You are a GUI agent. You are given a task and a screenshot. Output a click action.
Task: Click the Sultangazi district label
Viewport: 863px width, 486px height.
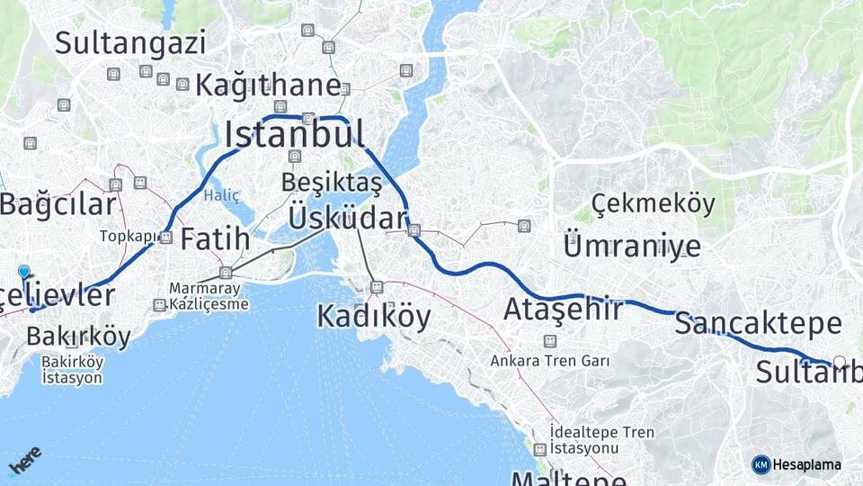pos(130,41)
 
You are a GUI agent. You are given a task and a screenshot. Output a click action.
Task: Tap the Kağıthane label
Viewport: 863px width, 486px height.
pos(268,86)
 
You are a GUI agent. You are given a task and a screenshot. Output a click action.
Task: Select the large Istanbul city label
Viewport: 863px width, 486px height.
pos(294,134)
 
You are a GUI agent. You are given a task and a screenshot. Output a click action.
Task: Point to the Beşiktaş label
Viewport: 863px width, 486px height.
pos(331,182)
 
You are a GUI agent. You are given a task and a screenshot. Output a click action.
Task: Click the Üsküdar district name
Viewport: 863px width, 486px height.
pos(348,219)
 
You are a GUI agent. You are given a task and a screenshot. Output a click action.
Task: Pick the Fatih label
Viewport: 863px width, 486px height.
pos(215,238)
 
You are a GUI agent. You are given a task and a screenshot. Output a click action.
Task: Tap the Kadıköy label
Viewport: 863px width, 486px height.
pos(373,316)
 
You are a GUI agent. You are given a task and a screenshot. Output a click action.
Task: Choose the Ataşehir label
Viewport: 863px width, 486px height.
pos(563,310)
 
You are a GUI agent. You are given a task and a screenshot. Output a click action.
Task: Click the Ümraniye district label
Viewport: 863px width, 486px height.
pos(631,244)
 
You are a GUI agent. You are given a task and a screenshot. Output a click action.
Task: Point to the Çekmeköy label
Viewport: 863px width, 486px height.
pos(654,203)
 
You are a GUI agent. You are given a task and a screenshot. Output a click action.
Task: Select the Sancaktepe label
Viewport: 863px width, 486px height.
pos(758,323)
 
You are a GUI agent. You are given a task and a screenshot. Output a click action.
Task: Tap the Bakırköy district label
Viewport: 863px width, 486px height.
pos(78,337)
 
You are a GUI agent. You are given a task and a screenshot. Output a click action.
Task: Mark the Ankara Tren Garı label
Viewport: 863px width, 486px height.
pos(549,361)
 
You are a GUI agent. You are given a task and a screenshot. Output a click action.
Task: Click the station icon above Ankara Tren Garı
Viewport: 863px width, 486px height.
pos(549,341)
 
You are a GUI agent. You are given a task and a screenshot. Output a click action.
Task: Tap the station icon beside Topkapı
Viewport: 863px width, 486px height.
pos(165,238)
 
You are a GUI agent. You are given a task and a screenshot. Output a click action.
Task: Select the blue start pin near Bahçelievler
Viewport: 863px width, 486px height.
pos(24,271)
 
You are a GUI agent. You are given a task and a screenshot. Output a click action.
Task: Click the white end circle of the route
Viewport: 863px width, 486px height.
pos(840,362)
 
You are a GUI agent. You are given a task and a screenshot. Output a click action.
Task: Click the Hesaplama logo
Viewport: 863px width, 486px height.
pos(797,464)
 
